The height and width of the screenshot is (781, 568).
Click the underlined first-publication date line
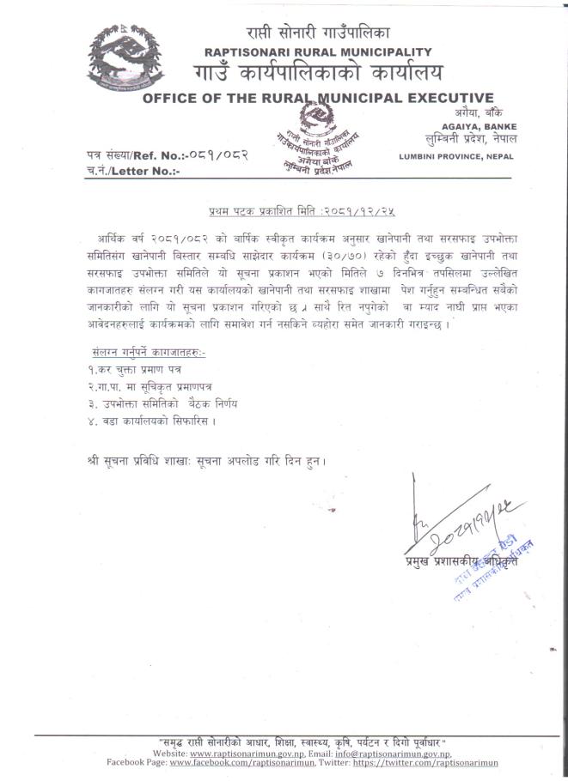point(307,209)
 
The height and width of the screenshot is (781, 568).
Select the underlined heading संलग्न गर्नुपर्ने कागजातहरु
point(148,353)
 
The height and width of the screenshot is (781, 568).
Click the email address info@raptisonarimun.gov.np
point(411,751)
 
